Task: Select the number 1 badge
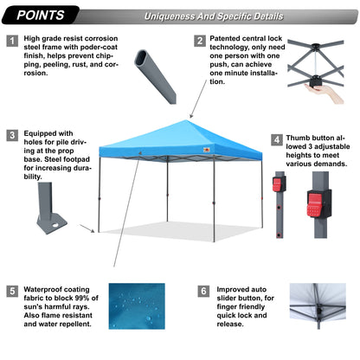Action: point(12,41)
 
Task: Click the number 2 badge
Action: point(200,41)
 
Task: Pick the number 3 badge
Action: point(12,135)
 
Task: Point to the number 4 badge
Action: point(276,138)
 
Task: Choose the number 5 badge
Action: point(12,290)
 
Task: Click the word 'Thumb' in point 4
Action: point(301,138)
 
